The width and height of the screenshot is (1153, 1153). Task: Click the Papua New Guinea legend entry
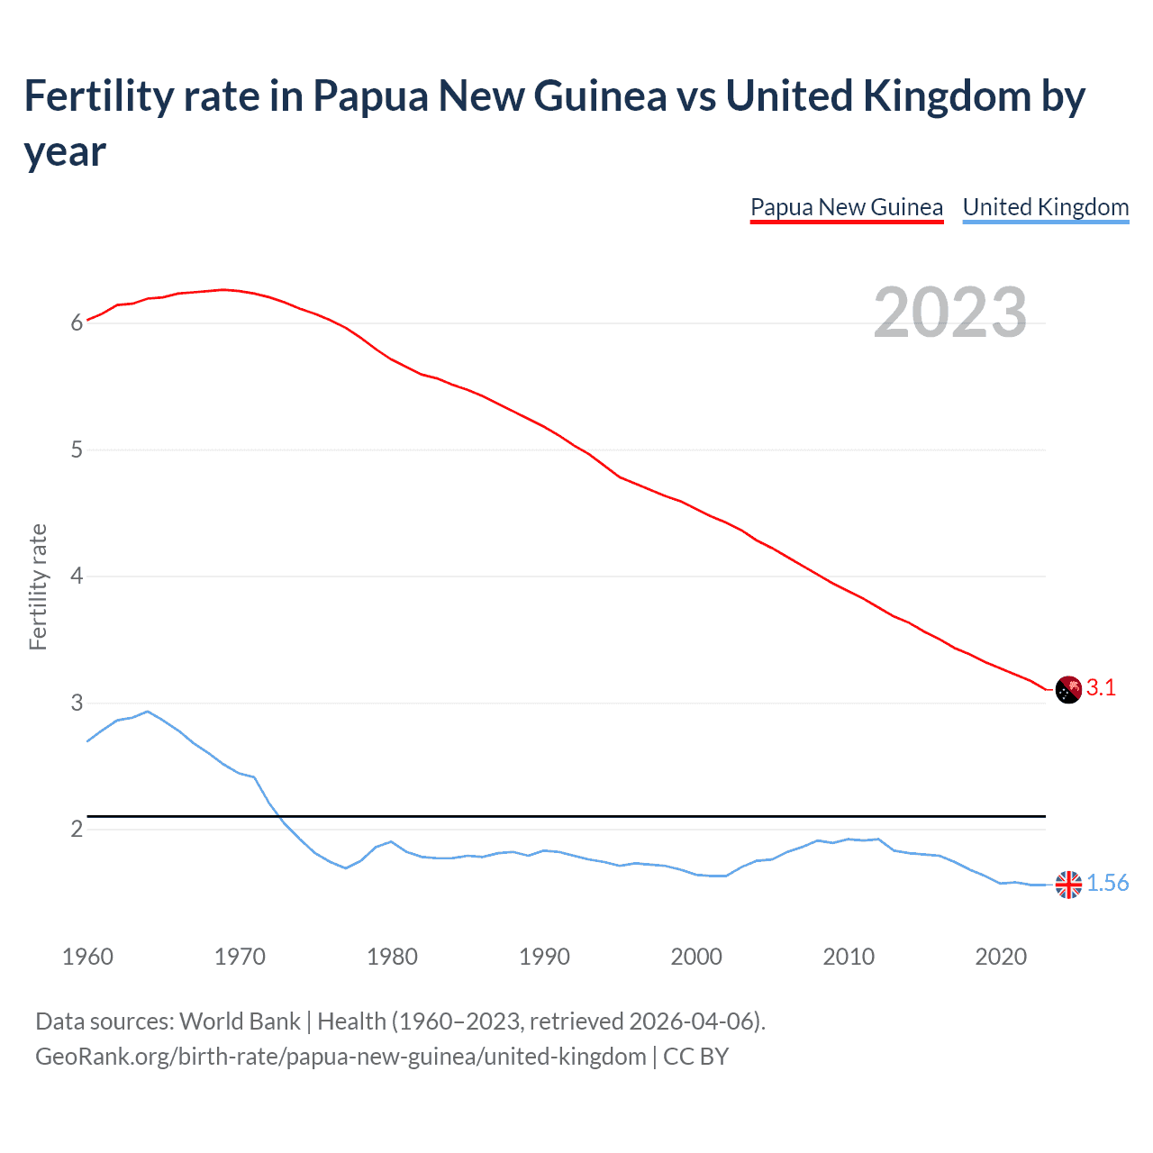[x=846, y=207]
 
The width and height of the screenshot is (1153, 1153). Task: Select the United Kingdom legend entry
[x=1045, y=207]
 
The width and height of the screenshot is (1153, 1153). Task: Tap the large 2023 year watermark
[x=949, y=313]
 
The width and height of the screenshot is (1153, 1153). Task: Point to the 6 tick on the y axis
[x=77, y=322]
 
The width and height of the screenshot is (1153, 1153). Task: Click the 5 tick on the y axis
[x=77, y=449]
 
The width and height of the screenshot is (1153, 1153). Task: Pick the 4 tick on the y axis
[x=77, y=576]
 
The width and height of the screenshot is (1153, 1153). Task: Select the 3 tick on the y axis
[x=77, y=703]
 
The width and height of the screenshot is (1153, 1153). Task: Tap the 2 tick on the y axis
[x=77, y=829]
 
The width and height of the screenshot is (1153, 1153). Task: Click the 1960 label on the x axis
[x=87, y=957]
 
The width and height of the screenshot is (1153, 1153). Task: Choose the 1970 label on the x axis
[x=240, y=957]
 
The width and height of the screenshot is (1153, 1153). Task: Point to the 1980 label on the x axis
[x=392, y=957]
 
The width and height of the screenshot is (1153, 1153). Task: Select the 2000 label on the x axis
[x=696, y=957]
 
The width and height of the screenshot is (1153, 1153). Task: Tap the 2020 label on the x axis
[x=1001, y=957]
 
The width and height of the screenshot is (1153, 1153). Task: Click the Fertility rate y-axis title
[x=38, y=586]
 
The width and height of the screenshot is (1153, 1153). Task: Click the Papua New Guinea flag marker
[x=1068, y=689]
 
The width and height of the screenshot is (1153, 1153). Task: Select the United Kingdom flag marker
[x=1068, y=885]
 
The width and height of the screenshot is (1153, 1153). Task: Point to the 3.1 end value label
[x=1101, y=688]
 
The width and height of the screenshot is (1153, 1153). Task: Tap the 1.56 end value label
[x=1107, y=884]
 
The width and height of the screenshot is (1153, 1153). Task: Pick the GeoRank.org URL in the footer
[x=340, y=1056]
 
